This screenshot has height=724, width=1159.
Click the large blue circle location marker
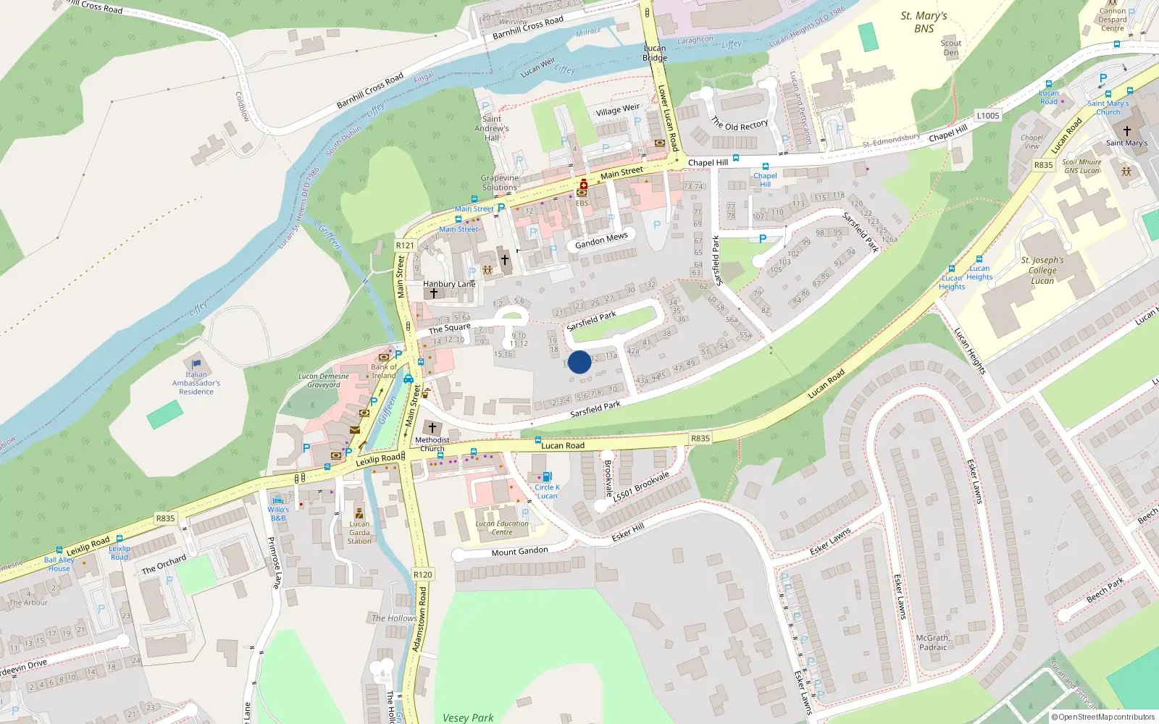(579, 362)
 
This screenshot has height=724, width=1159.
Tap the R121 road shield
(405, 245)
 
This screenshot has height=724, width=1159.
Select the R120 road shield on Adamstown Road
(422, 574)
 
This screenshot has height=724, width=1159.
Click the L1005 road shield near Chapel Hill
(987, 116)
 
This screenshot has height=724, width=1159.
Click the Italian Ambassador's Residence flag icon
(196, 363)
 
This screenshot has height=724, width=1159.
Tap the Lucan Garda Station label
(359, 532)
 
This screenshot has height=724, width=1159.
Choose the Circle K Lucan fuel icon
(547, 476)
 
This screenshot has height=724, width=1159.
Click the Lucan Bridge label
(655, 53)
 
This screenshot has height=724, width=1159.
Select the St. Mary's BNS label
(924, 22)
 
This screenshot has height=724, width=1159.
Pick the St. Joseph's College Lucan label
(1042, 270)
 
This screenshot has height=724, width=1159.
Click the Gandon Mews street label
(601, 240)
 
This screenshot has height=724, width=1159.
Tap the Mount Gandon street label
(519, 552)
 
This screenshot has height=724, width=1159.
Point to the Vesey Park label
(468, 717)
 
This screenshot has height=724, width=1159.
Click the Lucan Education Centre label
(502, 528)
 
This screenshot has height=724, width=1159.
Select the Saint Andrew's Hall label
(492, 128)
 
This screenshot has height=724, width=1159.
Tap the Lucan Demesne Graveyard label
(324, 381)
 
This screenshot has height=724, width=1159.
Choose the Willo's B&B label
(278, 513)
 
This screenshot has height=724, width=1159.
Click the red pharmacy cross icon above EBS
(583, 185)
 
